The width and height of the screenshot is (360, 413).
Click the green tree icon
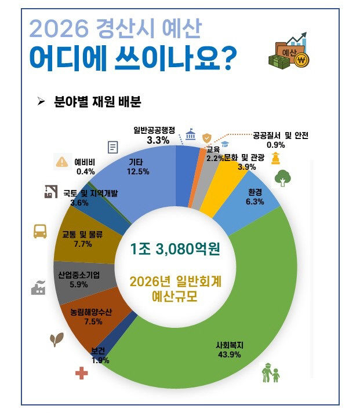283,178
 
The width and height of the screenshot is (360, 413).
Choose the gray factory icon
38,286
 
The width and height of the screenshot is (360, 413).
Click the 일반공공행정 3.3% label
158,135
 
